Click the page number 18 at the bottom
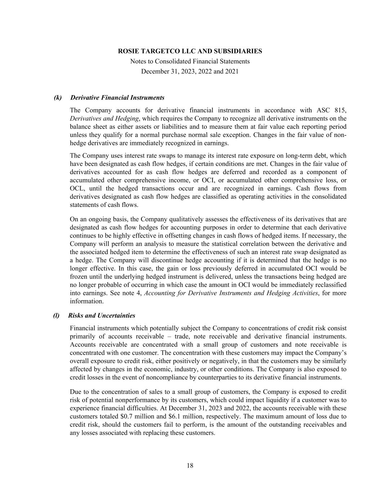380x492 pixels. click(190, 465)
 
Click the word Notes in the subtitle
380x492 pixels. click(138, 61)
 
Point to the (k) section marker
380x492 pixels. click(58, 98)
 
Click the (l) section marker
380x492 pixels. click(57, 315)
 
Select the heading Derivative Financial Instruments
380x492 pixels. click(117, 98)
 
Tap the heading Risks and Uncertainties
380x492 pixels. click(102, 315)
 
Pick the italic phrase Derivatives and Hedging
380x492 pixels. click(104, 119)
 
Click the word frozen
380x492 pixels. click(79, 276)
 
